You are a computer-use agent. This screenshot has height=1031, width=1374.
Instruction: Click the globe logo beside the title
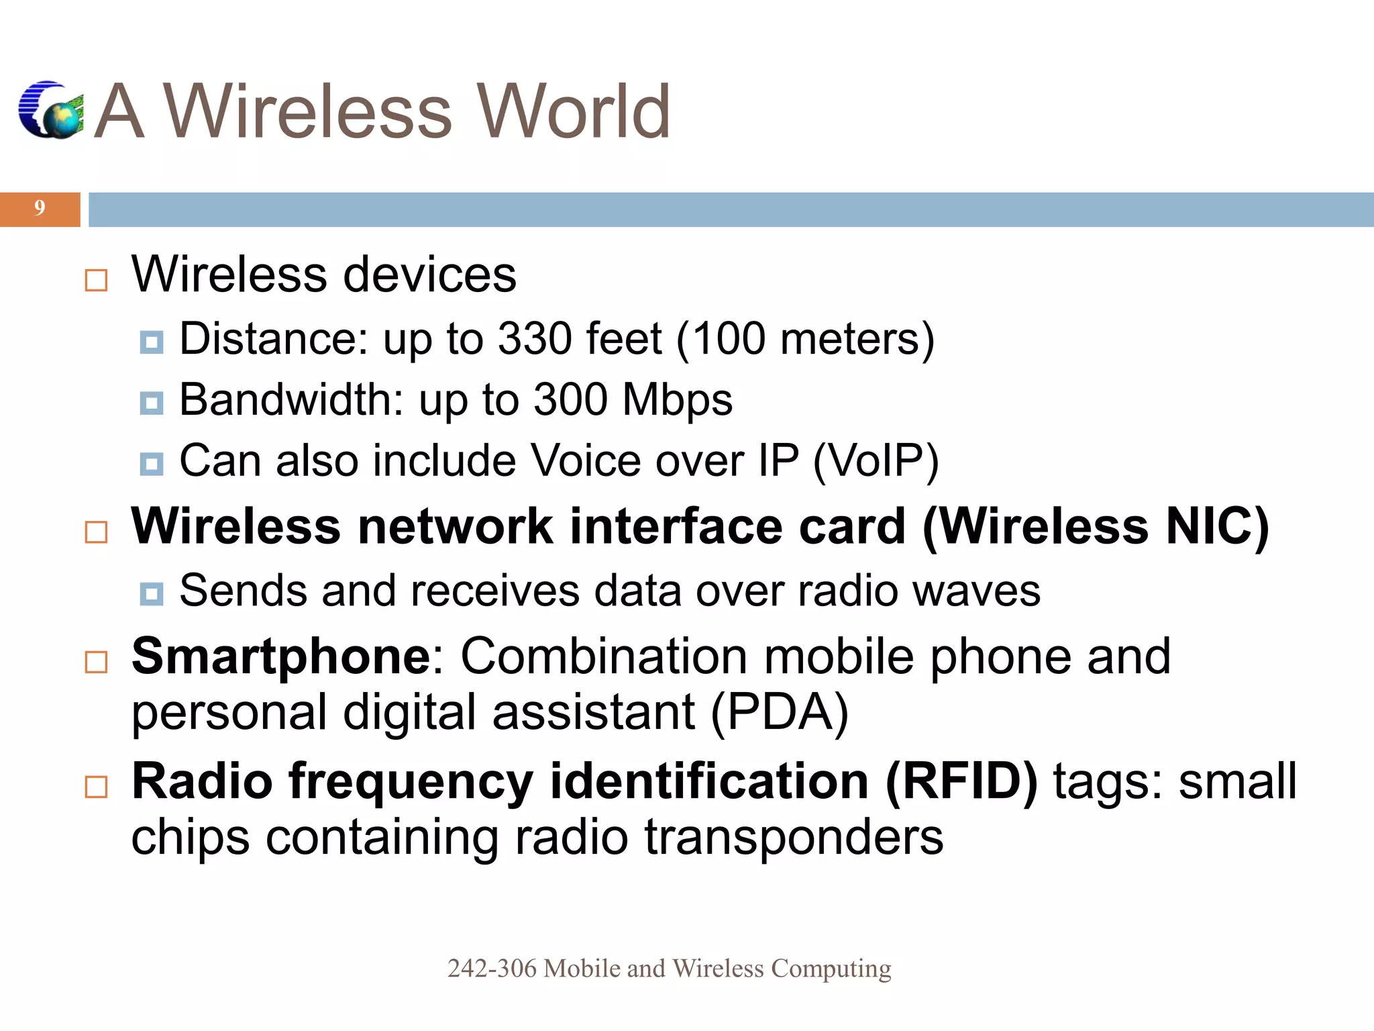[51, 111]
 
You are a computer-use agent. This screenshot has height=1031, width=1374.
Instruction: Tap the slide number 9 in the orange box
[40, 209]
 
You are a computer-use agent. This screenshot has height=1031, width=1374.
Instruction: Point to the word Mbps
[677, 401]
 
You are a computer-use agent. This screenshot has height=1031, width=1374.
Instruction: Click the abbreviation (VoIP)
[875, 462]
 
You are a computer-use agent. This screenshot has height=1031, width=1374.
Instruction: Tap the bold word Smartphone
[281, 656]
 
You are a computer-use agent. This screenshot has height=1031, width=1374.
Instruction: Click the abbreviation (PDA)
[779, 713]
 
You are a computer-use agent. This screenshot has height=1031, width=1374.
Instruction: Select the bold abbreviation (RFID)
[961, 783]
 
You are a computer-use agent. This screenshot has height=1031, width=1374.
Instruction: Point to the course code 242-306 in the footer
[492, 969]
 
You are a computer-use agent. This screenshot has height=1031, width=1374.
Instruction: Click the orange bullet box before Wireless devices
[97, 281]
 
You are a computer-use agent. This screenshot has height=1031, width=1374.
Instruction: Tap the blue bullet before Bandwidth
[152, 403]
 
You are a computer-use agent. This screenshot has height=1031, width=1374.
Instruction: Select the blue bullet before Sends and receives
[152, 594]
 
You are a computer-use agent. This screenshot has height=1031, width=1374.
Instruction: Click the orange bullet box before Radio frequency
[97, 787]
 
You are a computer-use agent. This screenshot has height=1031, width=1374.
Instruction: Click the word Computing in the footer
[831, 969]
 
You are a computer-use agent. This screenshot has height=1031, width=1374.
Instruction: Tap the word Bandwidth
[291, 401]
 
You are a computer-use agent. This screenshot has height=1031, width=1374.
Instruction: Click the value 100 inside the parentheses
[728, 339]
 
